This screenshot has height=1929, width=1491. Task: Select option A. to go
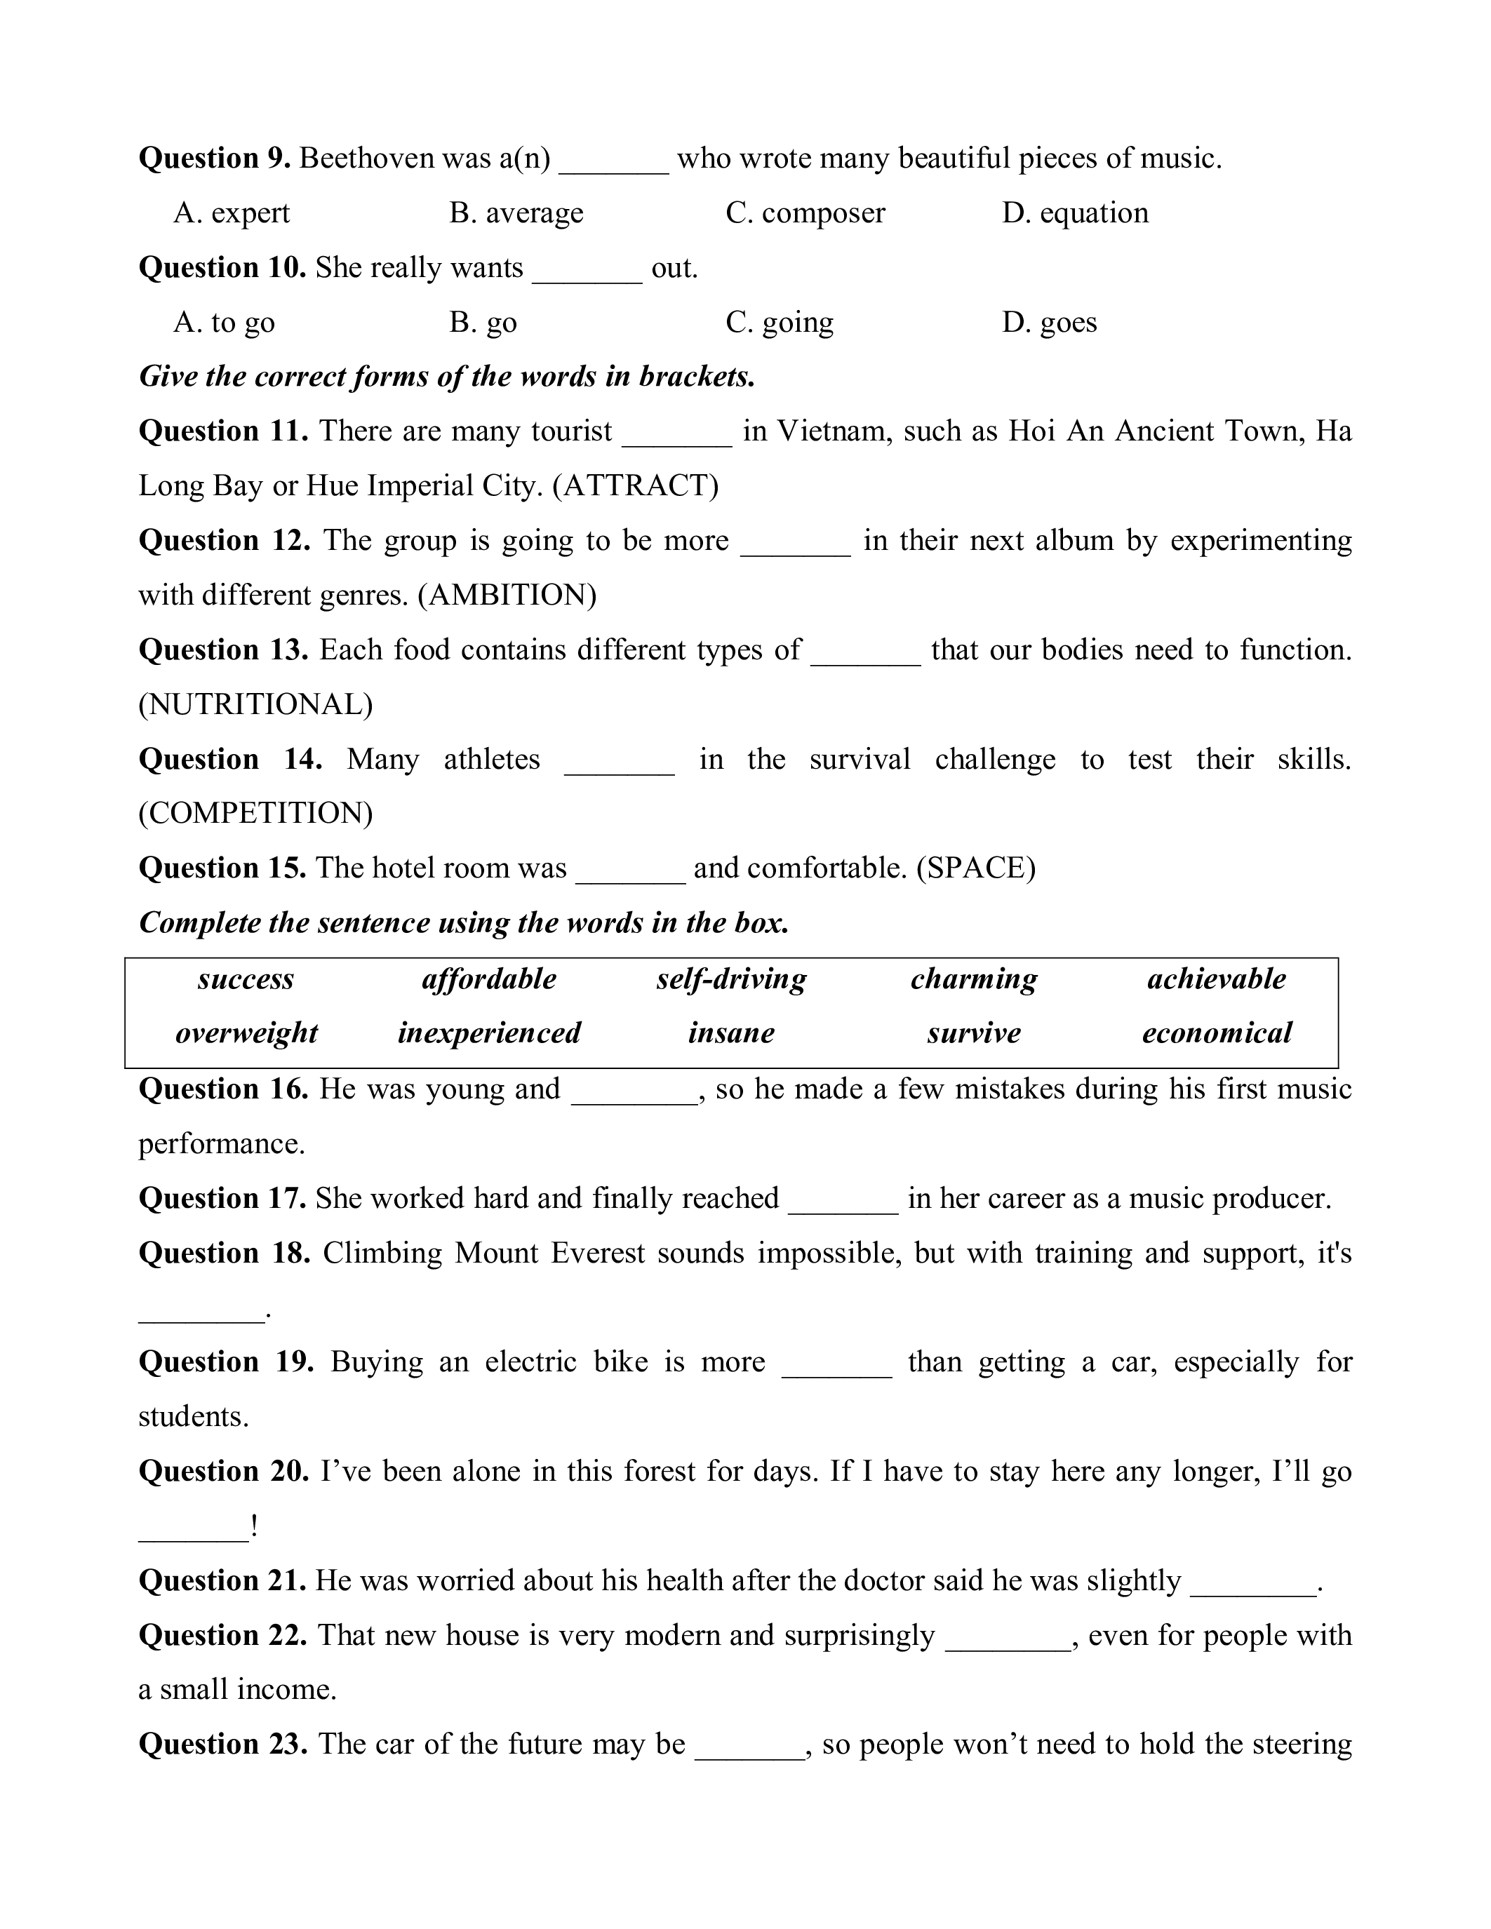pyautogui.click(x=225, y=323)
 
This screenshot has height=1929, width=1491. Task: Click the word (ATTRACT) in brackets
pyautogui.click(x=635, y=486)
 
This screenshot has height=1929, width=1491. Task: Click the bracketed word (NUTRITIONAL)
pyautogui.click(x=255, y=704)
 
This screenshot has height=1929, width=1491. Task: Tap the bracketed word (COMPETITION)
pyautogui.click(x=255, y=812)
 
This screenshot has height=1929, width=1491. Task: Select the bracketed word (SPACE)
pyautogui.click(x=975, y=868)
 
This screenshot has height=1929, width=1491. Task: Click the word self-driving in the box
pyautogui.click(x=731, y=979)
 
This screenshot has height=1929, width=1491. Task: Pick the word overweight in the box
pyautogui.click(x=246, y=1033)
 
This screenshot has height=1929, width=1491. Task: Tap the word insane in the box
pyautogui.click(x=731, y=1033)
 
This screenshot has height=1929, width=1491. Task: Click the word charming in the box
pyautogui.click(x=975, y=979)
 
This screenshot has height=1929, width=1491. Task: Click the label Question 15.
pyautogui.click(x=222, y=868)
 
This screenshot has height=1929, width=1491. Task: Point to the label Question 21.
pyautogui.click(x=222, y=1581)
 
